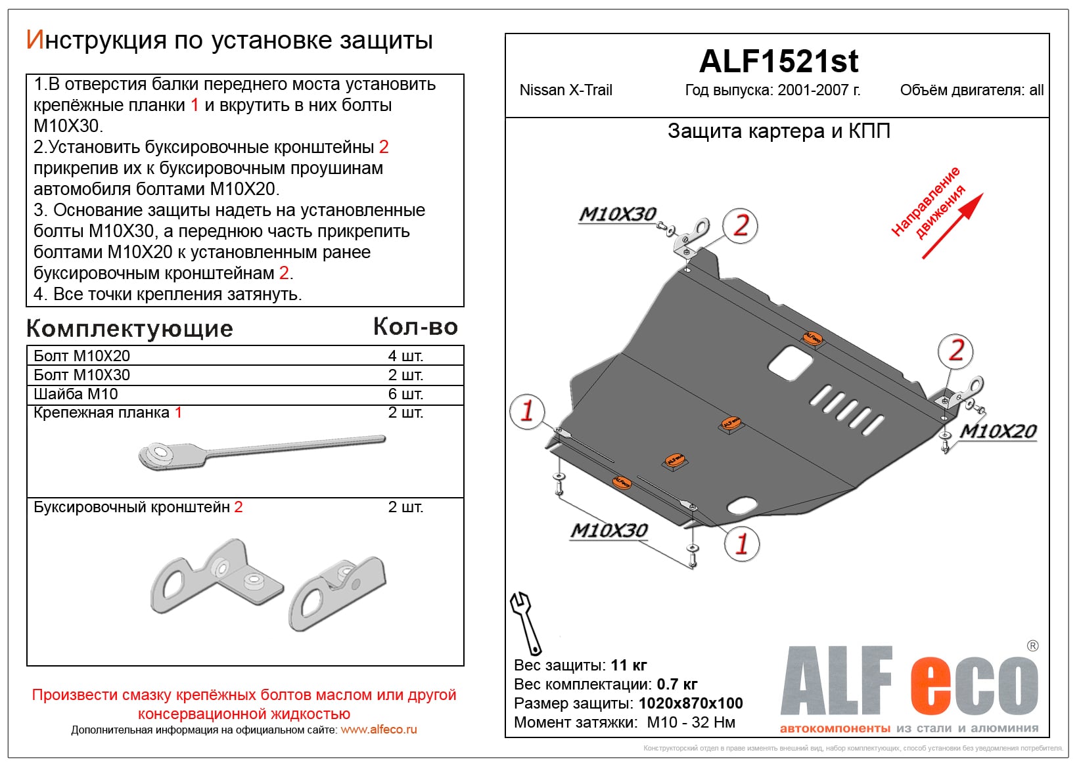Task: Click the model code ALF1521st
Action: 778,62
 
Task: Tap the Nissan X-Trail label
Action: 565,91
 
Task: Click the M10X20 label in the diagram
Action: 998,431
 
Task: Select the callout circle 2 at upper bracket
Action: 741,226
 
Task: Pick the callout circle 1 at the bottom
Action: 741,544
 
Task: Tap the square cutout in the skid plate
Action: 790,362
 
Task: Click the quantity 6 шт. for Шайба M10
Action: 405,394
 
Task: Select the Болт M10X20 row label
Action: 82,356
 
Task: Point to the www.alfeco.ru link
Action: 379,730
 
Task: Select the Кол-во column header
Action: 415,327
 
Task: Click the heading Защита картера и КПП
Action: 779,131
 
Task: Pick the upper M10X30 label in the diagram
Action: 617,214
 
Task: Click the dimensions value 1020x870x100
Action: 690,703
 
